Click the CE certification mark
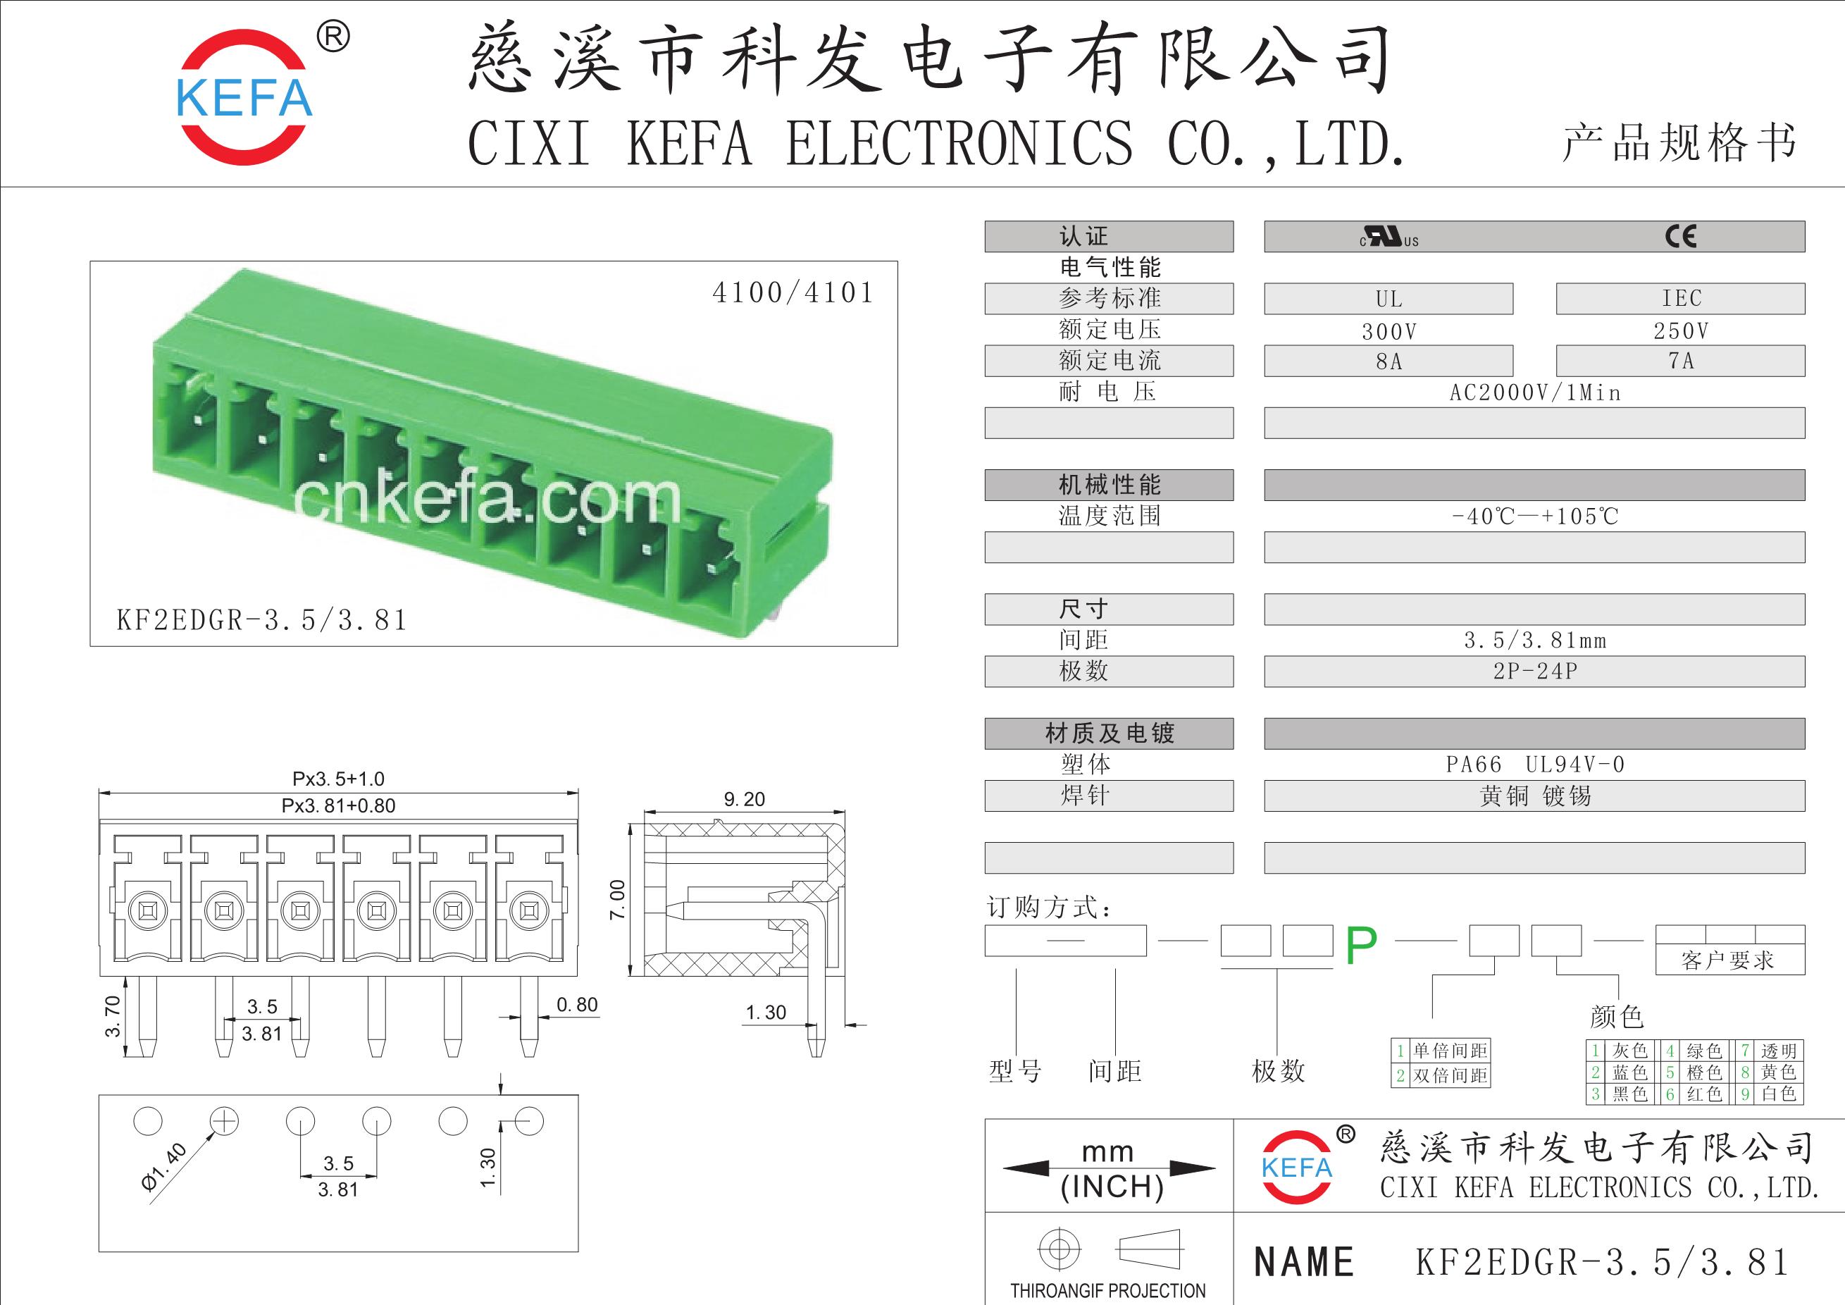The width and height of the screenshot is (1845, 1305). (x=1680, y=236)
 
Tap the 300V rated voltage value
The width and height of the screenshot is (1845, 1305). (x=1389, y=331)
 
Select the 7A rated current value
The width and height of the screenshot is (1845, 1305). (x=1680, y=361)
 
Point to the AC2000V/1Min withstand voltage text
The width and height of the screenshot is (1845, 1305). (x=1535, y=393)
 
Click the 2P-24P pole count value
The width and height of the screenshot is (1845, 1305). (x=1535, y=671)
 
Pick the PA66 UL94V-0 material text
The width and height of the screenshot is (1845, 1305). (x=1535, y=765)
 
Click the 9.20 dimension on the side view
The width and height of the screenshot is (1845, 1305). (x=744, y=799)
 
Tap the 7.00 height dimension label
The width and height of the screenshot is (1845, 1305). (x=617, y=900)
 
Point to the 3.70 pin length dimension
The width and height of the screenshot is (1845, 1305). (x=113, y=1015)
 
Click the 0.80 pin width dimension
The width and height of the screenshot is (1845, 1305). (x=577, y=1004)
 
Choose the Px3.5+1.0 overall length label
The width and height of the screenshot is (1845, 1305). (x=338, y=779)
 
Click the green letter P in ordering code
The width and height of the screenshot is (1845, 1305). (x=1361, y=946)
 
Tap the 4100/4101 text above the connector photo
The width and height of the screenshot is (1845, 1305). (x=793, y=292)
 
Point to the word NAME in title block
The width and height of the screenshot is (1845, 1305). (x=1304, y=1261)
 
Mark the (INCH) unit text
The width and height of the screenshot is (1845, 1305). (x=1112, y=1186)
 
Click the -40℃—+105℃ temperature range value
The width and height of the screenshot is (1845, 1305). (x=1535, y=516)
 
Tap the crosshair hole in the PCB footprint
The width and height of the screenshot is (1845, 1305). (x=224, y=1121)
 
